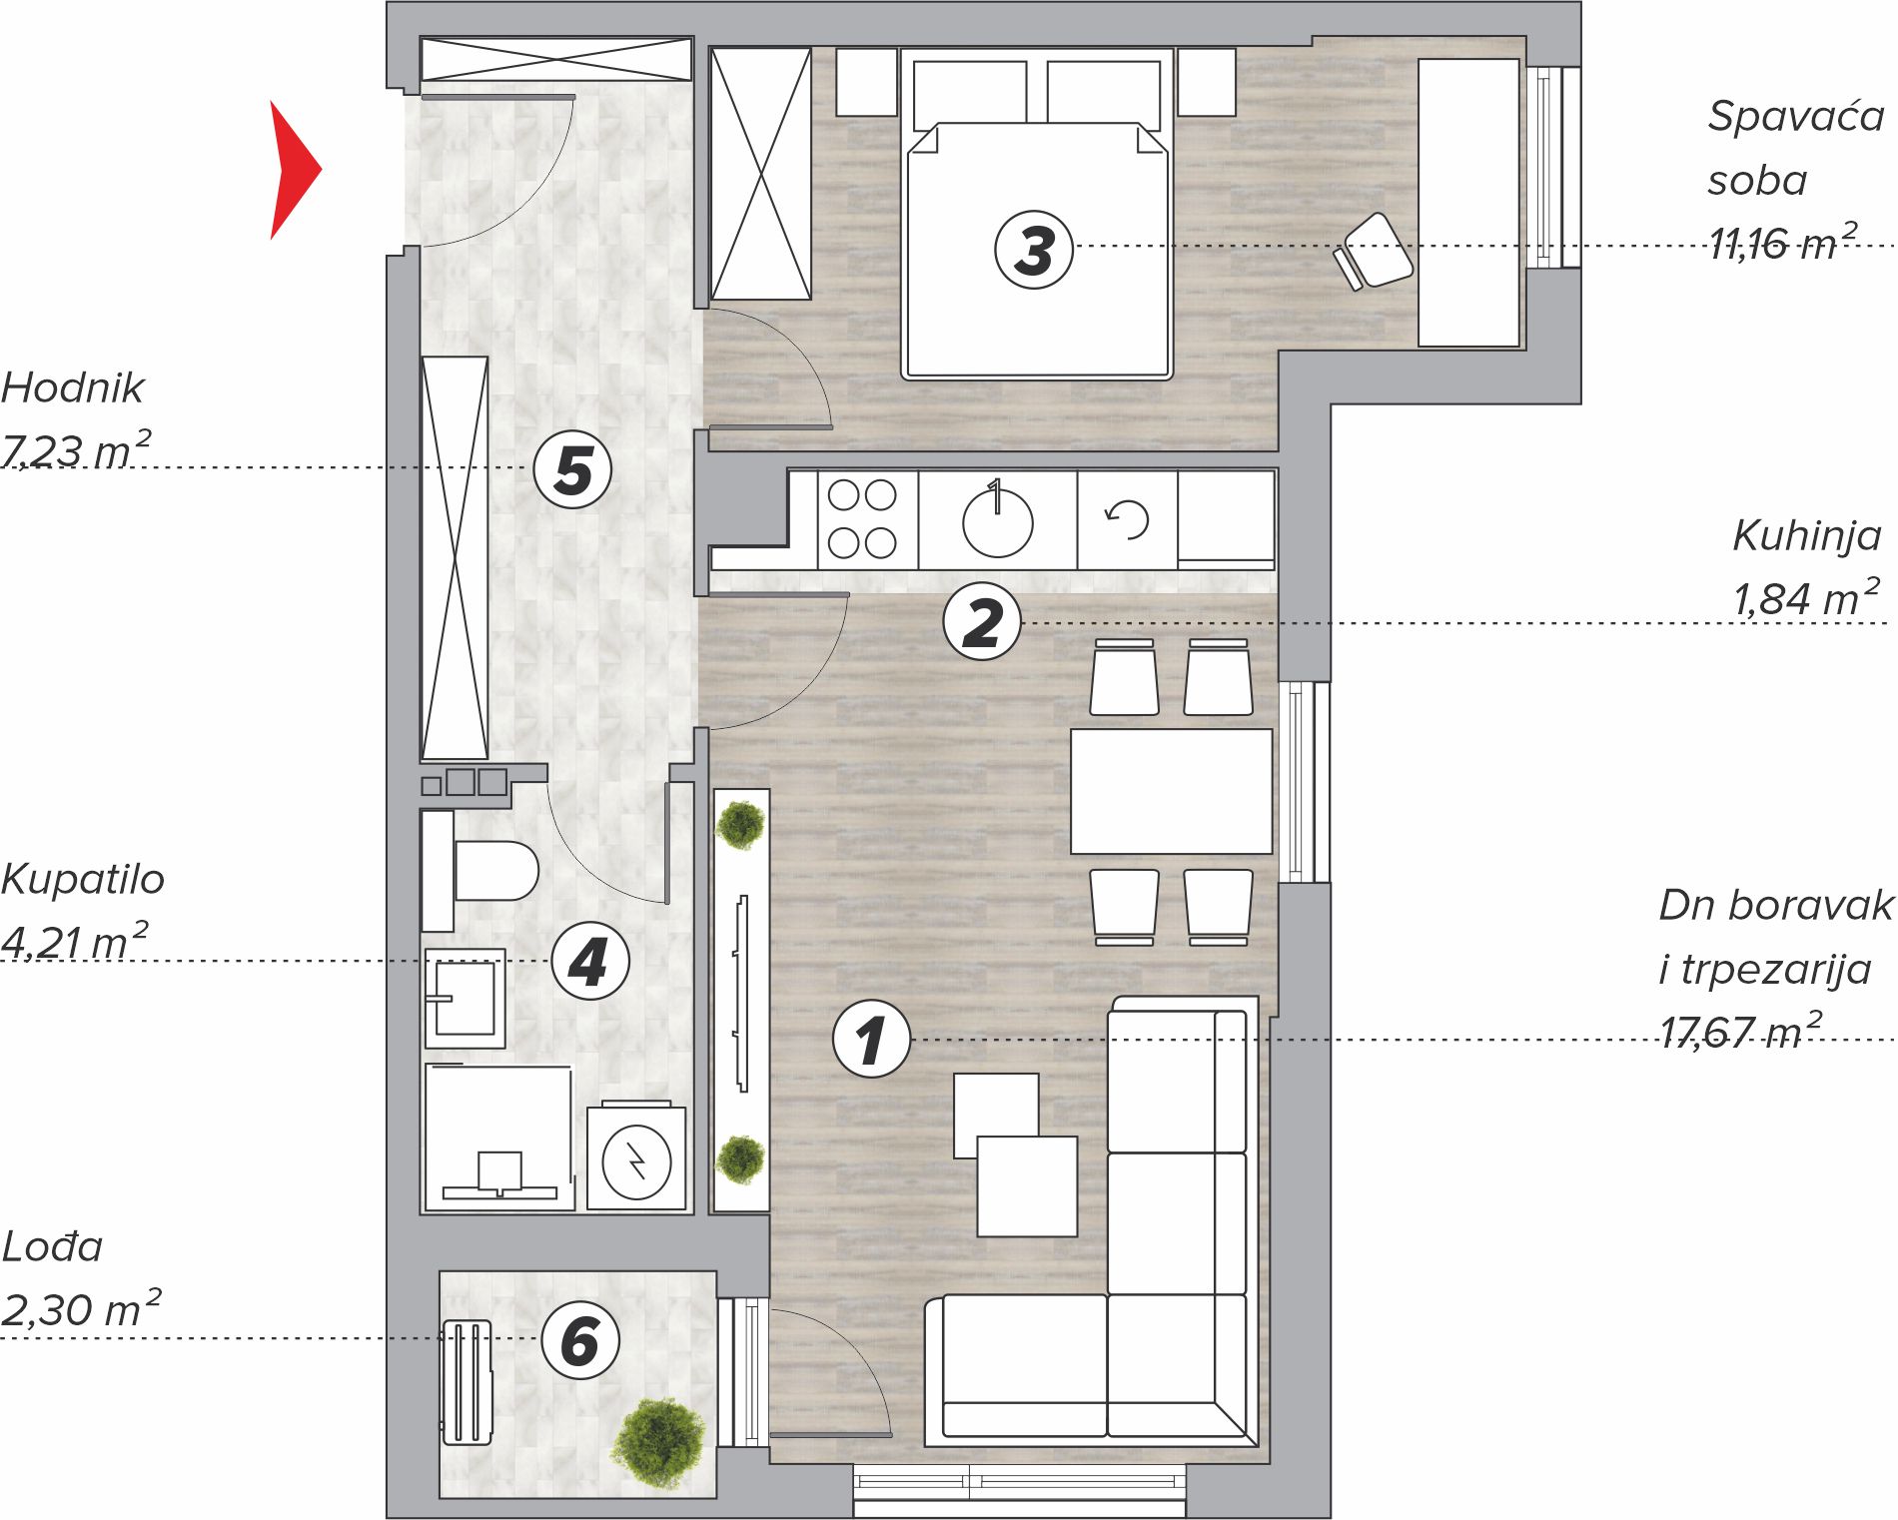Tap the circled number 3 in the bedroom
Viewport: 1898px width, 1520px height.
coord(1034,250)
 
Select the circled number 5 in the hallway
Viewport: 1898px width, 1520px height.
coord(572,469)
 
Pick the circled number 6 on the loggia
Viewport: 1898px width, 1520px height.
coord(580,1340)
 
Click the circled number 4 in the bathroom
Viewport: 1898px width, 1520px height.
coord(590,961)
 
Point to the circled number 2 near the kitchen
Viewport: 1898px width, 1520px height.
coord(982,622)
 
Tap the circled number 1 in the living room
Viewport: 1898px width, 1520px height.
coord(871,1039)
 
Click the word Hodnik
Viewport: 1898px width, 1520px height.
coord(73,387)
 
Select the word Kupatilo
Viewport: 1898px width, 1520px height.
coord(83,879)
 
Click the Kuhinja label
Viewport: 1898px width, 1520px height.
coord(1806,536)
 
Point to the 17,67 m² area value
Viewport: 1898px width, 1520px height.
coord(1740,1031)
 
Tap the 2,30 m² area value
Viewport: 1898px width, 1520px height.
coord(81,1308)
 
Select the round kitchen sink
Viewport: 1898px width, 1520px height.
coord(997,520)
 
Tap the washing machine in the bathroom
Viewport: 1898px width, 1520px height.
coord(636,1158)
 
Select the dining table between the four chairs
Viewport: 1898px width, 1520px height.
coord(1171,791)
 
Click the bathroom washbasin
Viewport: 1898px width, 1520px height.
coord(465,998)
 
